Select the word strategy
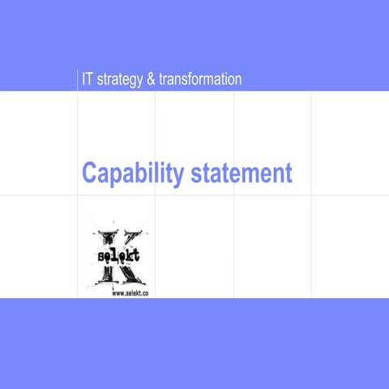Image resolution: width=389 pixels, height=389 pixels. pyautogui.click(x=120, y=79)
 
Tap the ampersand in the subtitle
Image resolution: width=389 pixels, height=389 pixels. pyautogui.click(x=151, y=79)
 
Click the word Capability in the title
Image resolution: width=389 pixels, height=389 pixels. pyautogui.click(x=133, y=173)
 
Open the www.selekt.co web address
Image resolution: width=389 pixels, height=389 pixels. pyautogui.click(x=130, y=294)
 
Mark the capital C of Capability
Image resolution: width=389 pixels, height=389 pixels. pyautogui.click(x=89, y=173)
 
